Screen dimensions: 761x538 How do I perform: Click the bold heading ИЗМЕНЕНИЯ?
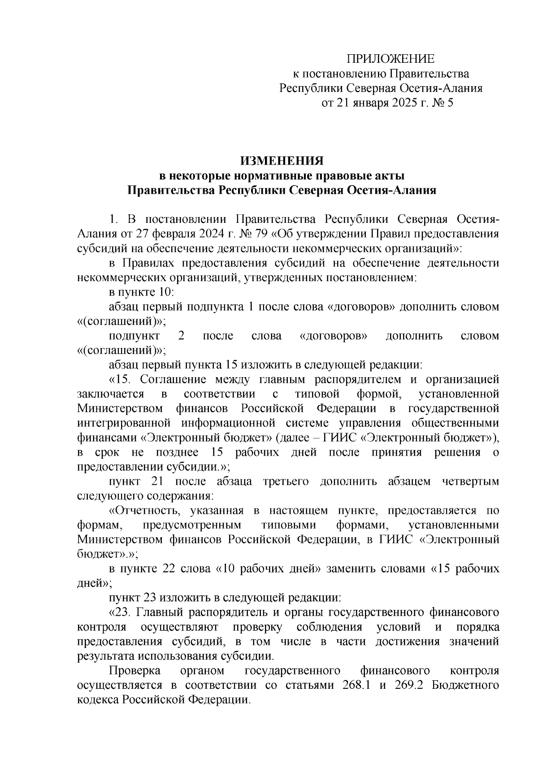282,160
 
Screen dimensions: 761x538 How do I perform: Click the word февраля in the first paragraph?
171,234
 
